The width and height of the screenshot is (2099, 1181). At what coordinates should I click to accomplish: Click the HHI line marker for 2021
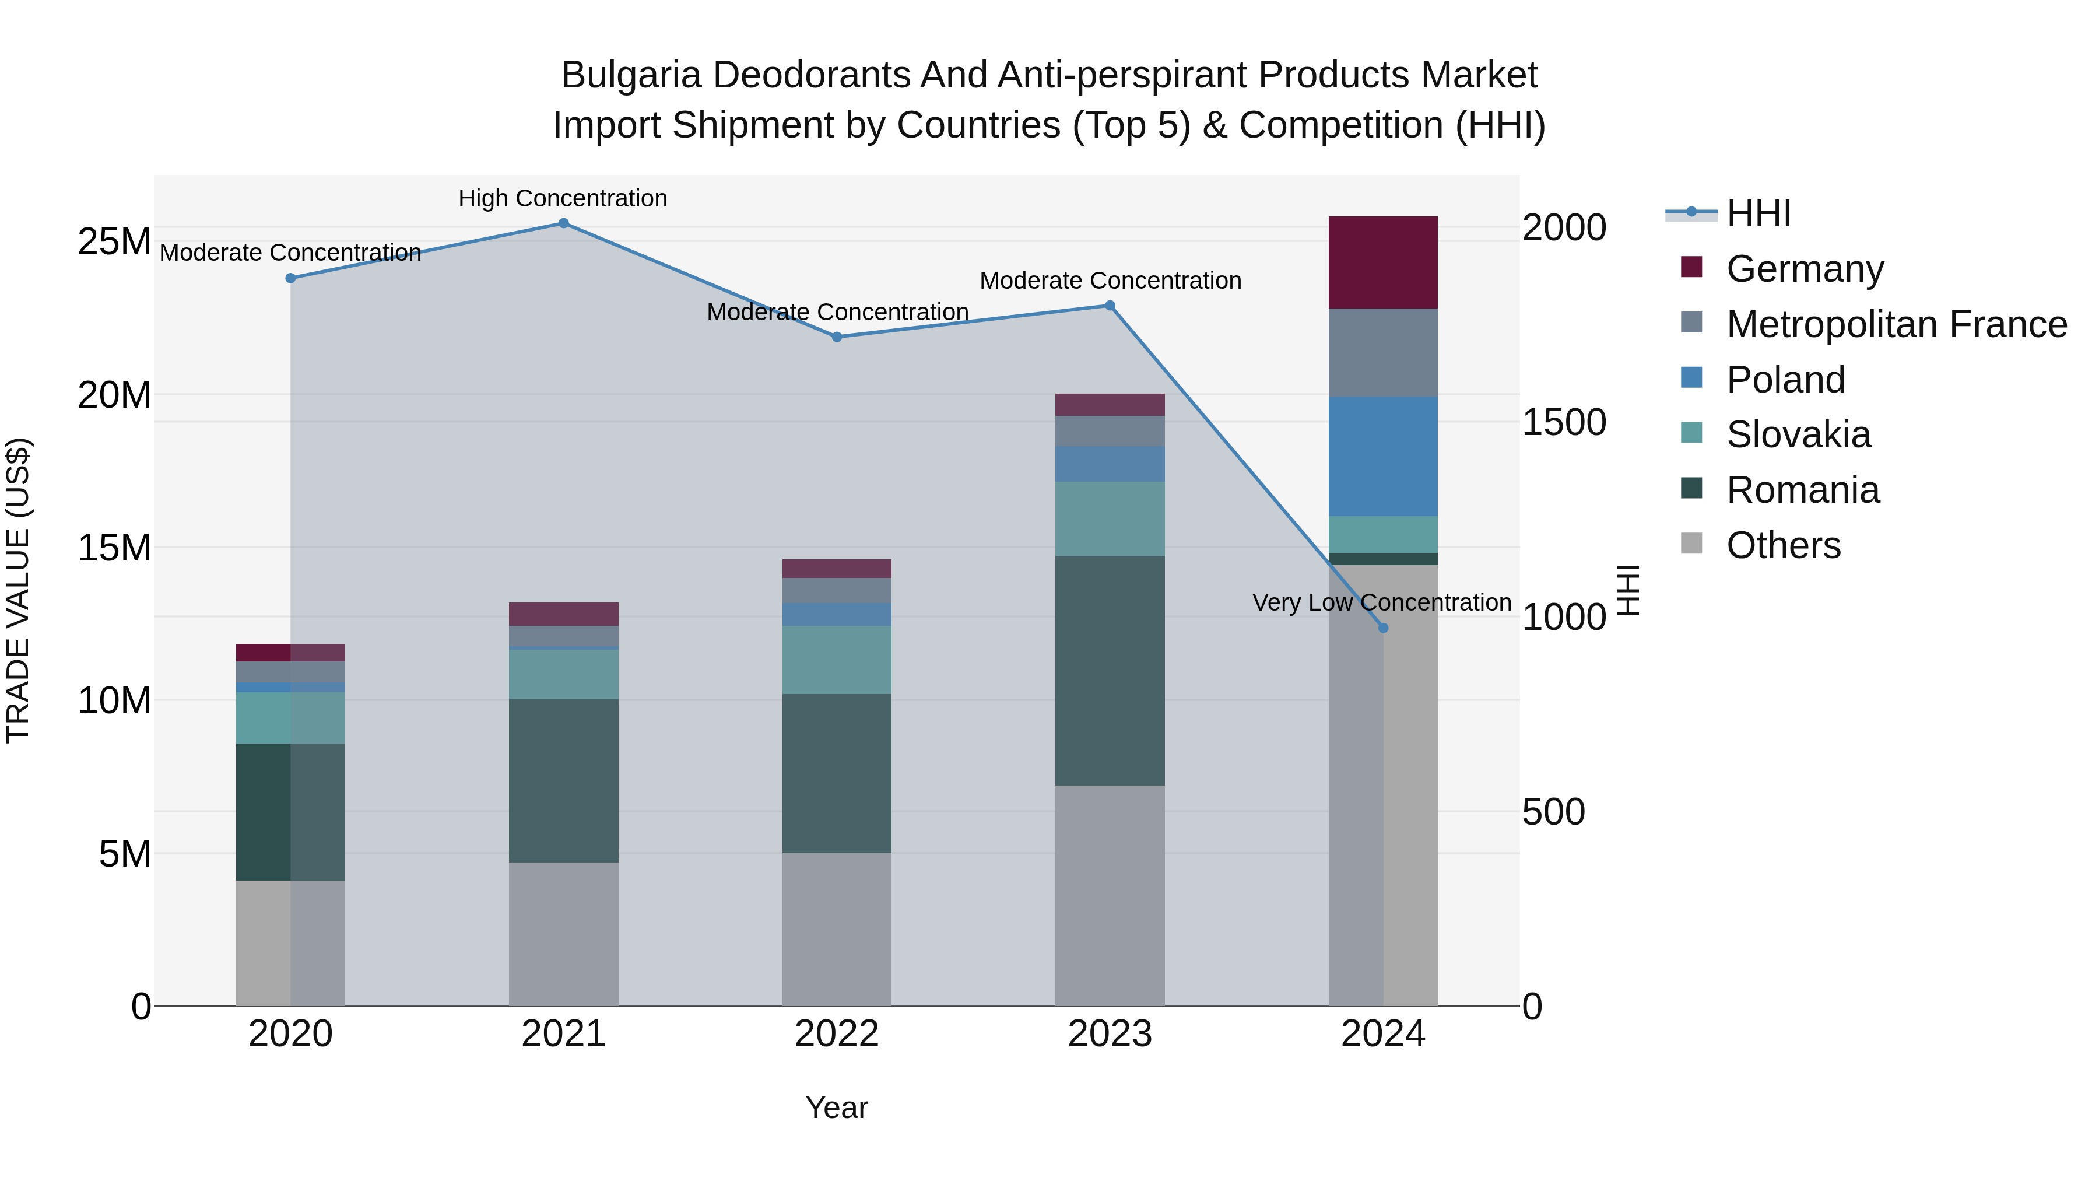tap(563, 223)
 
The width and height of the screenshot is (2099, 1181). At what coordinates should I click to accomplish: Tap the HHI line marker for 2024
tap(1383, 628)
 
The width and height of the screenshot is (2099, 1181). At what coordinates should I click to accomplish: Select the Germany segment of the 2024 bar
tap(1383, 262)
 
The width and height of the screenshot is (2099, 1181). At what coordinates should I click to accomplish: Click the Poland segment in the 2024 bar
tap(1383, 457)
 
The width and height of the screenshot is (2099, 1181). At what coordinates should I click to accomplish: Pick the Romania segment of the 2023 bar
tap(1110, 670)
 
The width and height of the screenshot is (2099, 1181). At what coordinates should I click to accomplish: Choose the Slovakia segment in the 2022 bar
tap(837, 660)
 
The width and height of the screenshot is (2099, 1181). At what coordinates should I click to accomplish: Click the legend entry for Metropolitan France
tap(1896, 324)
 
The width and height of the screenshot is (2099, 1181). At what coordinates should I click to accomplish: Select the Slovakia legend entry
tap(1798, 434)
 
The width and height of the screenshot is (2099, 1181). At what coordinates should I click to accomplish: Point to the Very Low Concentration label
tap(1381, 602)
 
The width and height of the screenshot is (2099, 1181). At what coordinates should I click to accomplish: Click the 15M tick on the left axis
tap(114, 548)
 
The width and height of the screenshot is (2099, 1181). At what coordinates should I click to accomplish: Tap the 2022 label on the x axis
tap(837, 1034)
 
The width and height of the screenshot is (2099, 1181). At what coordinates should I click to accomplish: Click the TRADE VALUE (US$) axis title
tap(18, 590)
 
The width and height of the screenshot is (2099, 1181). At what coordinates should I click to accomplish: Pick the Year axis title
tap(837, 1108)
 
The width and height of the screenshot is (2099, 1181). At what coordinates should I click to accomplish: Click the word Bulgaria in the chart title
tap(631, 75)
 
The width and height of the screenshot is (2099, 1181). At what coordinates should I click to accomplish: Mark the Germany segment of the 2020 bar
tap(290, 652)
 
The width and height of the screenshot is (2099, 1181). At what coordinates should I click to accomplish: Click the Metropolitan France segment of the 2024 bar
tap(1383, 352)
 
